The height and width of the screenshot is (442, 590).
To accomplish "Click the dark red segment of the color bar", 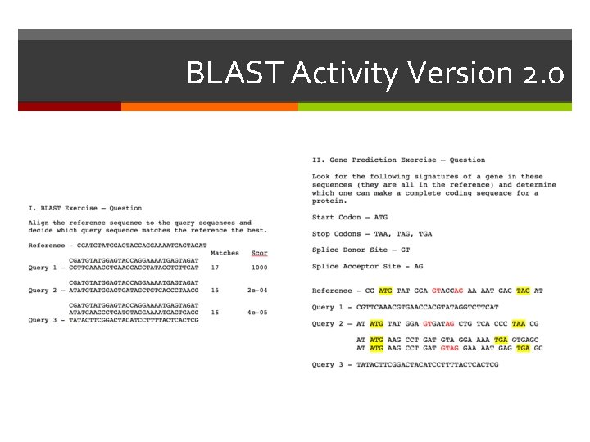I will (69, 106).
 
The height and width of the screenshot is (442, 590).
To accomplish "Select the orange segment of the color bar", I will (209, 106).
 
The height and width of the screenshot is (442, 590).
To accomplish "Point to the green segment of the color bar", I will (434, 106).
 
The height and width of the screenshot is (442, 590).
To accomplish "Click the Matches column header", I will (225, 253).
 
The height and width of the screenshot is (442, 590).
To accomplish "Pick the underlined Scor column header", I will (259, 253).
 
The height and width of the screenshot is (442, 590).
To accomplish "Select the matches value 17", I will (215, 267).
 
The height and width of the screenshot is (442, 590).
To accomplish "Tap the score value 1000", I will (259, 267).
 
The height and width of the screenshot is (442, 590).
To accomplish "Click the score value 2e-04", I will (259, 290).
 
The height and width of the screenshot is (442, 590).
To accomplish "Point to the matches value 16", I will (215, 312).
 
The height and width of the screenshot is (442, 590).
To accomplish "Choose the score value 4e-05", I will (259, 312).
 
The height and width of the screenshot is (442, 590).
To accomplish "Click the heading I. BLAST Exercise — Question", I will (85, 208).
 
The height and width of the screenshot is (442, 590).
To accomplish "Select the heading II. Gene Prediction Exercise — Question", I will (398, 160).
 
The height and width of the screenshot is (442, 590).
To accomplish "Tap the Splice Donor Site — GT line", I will (361, 250).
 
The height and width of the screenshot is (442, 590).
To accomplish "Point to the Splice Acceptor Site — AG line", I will (367, 266).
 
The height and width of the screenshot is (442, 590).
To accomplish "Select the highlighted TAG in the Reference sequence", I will (524, 291).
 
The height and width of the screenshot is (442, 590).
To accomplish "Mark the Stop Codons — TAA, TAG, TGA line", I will (372, 233).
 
